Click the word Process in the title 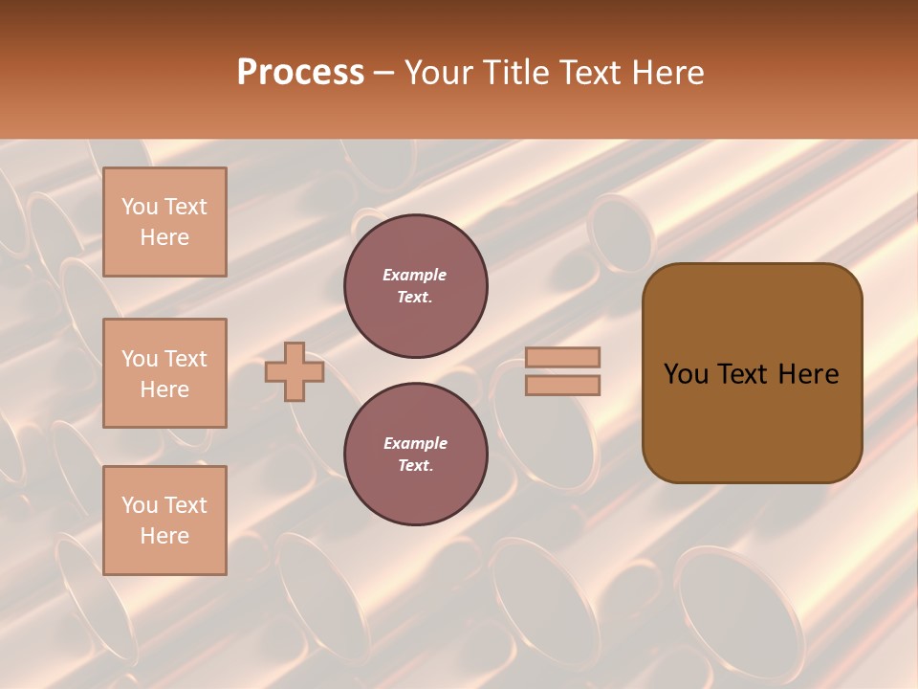[300, 73]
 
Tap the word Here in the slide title [662, 73]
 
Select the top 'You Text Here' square [164, 222]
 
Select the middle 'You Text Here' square [164, 373]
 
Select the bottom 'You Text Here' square [164, 521]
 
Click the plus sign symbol [295, 371]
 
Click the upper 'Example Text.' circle [415, 286]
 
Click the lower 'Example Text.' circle [415, 455]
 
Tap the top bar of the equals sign [562, 357]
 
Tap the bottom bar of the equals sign [562, 385]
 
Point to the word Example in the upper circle [415, 275]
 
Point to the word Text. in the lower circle [415, 466]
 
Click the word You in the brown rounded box [687, 374]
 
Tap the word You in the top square [140, 207]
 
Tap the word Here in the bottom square [164, 536]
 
